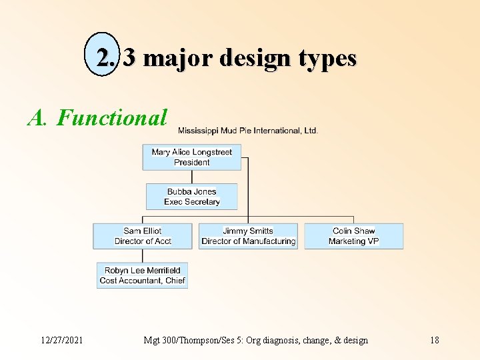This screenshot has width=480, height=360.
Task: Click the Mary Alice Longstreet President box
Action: [192, 157]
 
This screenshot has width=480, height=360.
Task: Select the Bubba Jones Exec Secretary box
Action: [192, 197]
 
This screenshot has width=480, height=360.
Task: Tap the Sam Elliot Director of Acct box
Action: [143, 236]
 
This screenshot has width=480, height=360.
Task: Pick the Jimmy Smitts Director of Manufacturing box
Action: [248, 236]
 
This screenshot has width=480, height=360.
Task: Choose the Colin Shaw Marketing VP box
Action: [354, 236]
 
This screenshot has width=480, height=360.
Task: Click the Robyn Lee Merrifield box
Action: [142, 275]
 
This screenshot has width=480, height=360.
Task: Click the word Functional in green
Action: [112, 118]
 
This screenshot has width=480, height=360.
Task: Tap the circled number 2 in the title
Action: [105, 58]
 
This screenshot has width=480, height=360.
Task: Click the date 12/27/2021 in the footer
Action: [61, 340]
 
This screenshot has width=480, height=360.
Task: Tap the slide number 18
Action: [434, 340]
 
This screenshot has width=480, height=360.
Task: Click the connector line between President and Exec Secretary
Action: [192, 177]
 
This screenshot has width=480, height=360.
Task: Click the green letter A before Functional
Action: [35, 118]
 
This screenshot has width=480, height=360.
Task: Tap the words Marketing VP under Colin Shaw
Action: [354, 241]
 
